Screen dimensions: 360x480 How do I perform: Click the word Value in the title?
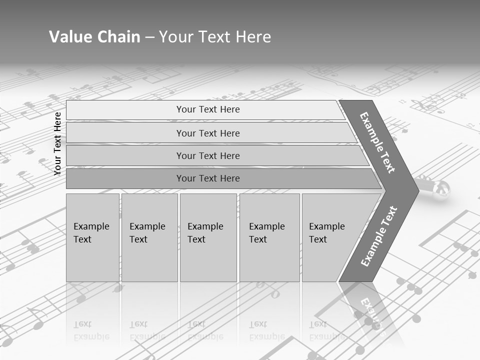pos(69,37)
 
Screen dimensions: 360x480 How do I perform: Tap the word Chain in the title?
pos(117,37)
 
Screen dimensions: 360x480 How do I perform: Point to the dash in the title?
pos(149,37)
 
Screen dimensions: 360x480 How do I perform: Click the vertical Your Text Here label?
pos(57,143)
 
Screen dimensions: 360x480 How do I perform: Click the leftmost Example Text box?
pos(92,237)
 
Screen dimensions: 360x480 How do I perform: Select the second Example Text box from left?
pos(149,237)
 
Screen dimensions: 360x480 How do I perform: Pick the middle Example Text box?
pos(208,237)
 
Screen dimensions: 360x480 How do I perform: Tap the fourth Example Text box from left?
pos(269,237)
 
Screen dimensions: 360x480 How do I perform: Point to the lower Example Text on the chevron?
pos(379,236)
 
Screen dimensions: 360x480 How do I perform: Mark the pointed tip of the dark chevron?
pos(417,190)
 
